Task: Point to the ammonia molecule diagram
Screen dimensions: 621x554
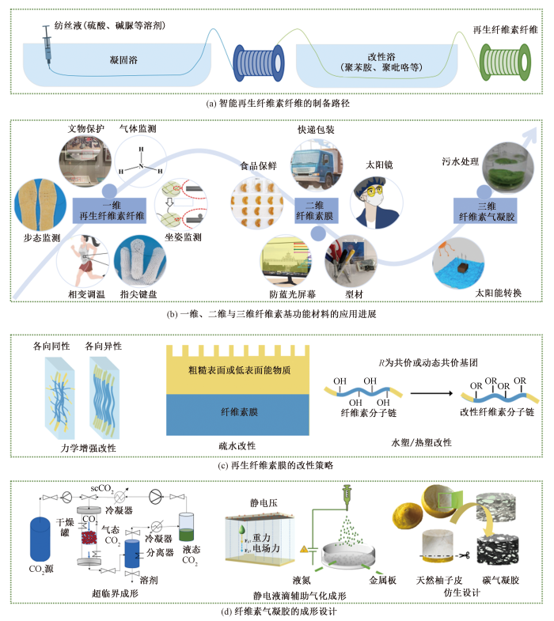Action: (x=141, y=163)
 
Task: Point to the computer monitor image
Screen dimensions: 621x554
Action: (x=288, y=261)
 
